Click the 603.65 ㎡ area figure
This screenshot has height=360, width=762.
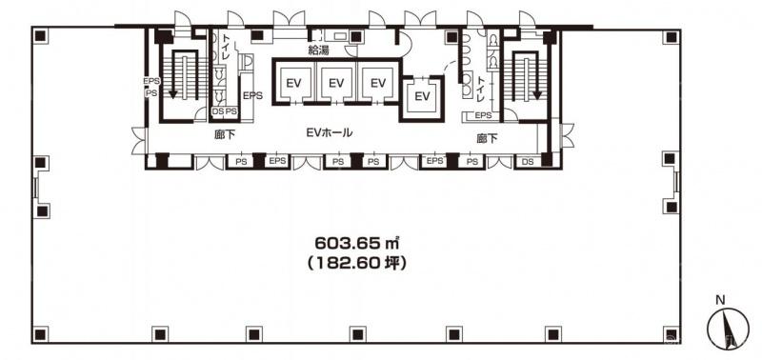(x=357, y=242)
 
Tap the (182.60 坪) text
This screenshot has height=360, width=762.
(x=357, y=264)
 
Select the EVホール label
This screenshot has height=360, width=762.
(x=329, y=132)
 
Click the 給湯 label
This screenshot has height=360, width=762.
(x=318, y=50)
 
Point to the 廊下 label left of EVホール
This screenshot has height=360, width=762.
(x=225, y=135)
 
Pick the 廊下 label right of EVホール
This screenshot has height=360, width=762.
(x=487, y=139)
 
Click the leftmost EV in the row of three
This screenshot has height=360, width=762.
(x=293, y=83)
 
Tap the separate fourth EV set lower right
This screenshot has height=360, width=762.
(x=423, y=96)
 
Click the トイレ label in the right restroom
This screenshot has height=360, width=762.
(x=481, y=89)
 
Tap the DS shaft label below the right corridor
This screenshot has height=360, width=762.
(x=528, y=162)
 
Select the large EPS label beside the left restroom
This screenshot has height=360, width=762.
(x=252, y=95)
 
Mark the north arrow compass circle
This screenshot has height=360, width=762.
(x=728, y=329)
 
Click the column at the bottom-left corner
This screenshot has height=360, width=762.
(x=41, y=334)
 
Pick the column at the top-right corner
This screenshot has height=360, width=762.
(x=672, y=36)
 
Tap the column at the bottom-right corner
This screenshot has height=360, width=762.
(x=672, y=334)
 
